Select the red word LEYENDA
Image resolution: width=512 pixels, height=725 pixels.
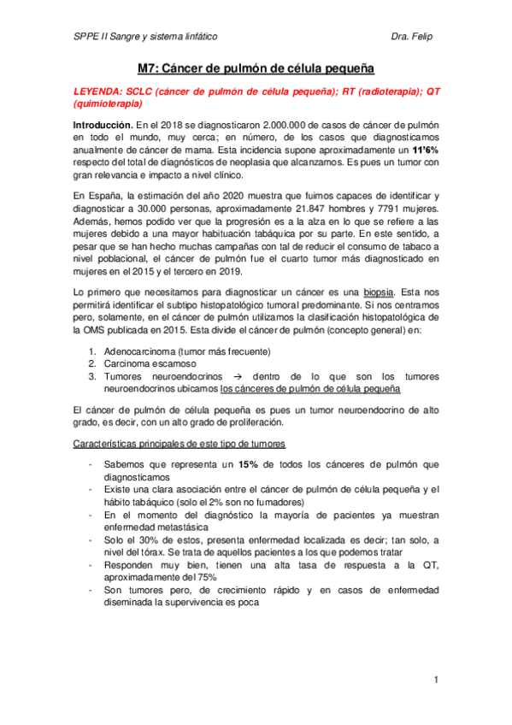(x=97, y=91)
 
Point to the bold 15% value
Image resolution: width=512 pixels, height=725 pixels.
(x=248, y=464)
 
